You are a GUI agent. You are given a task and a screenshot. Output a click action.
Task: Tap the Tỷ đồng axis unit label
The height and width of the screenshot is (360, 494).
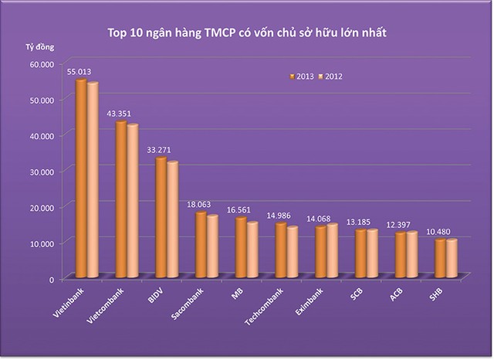point(35,48)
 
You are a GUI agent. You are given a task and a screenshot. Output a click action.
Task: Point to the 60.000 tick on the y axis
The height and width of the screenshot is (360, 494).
point(39,64)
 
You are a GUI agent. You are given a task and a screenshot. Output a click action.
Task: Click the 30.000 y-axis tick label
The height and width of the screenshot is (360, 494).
point(39,171)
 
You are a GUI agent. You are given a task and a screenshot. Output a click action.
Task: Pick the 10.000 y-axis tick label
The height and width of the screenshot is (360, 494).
point(39,243)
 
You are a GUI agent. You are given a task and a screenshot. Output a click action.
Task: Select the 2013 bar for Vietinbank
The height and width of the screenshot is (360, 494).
point(80,178)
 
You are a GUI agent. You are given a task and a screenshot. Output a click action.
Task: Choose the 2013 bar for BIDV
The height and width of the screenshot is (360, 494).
point(161,217)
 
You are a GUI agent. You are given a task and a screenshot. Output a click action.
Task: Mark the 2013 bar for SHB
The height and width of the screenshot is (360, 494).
point(440,257)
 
